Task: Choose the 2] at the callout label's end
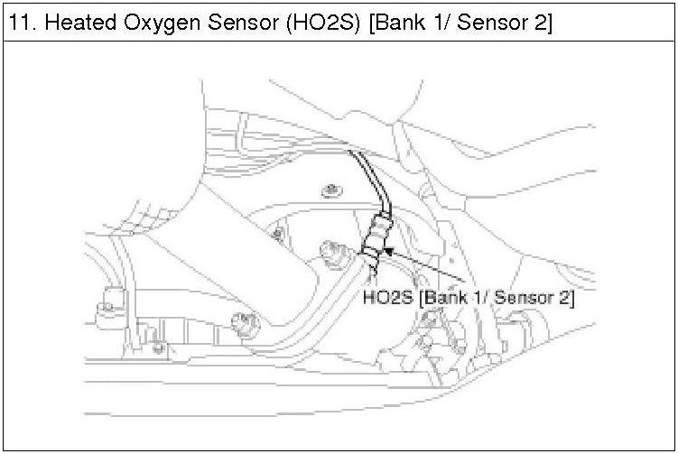(x=566, y=297)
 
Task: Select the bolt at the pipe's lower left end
(x=241, y=318)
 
